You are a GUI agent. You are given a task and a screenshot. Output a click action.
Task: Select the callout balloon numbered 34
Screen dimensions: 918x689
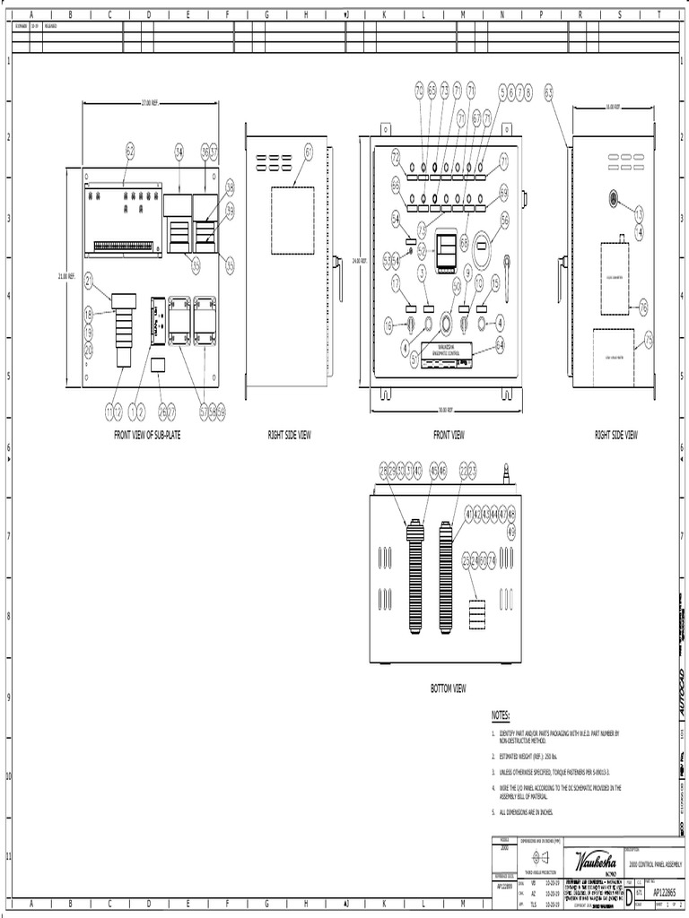coord(179,151)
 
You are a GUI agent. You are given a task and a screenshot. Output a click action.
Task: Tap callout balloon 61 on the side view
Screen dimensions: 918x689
coord(309,152)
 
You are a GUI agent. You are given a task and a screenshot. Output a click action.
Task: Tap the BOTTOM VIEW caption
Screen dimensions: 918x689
coord(448,688)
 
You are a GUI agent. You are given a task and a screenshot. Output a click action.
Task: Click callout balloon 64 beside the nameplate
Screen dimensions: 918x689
coord(500,343)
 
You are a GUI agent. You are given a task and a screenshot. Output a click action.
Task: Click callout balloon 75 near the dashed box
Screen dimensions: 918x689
coord(649,340)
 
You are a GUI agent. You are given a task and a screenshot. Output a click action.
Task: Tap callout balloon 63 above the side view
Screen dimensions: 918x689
coord(549,91)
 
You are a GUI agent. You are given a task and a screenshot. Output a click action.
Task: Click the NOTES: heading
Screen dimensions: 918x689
coord(501,715)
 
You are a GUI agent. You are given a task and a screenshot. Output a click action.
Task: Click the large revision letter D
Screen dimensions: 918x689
coord(628,895)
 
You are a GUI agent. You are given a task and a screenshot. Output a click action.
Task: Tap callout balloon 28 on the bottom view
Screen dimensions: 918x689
coord(384,469)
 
